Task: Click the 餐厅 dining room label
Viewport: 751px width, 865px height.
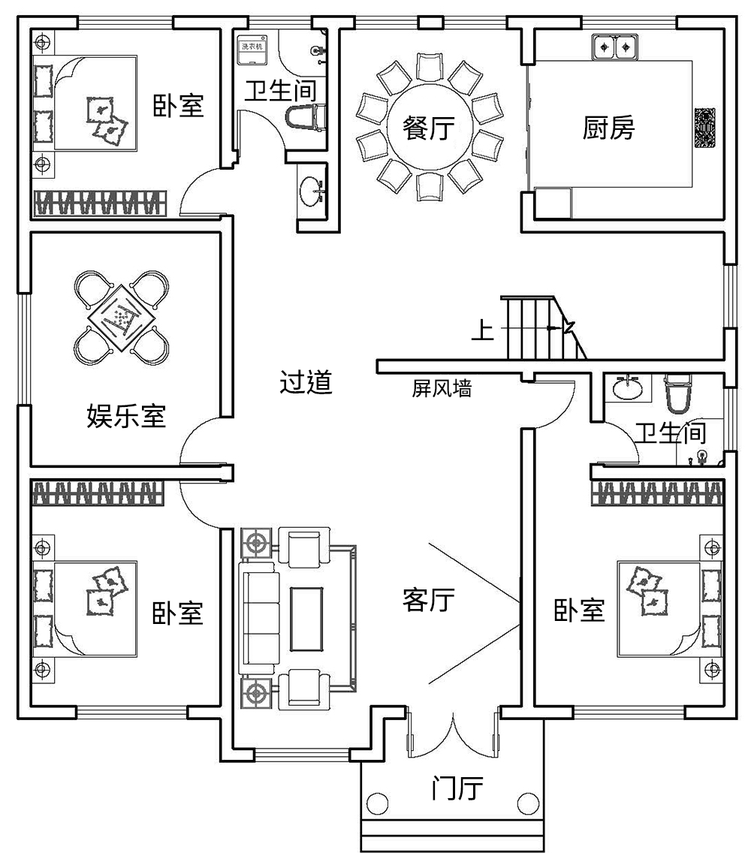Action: point(428,128)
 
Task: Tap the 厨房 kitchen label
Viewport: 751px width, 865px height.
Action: point(608,128)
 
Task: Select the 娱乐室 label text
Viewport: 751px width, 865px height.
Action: point(126,415)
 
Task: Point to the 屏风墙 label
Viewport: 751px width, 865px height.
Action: point(442,389)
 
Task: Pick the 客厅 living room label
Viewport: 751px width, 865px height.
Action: point(428,599)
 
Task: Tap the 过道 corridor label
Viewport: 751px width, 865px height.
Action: point(306,383)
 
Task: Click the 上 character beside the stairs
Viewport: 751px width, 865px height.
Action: point(483,330)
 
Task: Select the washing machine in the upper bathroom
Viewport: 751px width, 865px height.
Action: point(252,47)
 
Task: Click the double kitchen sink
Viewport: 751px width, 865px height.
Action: point(614,49)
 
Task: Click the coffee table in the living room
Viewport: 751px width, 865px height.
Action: point(307,619)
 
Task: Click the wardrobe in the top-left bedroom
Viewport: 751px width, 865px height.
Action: point(99,203)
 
